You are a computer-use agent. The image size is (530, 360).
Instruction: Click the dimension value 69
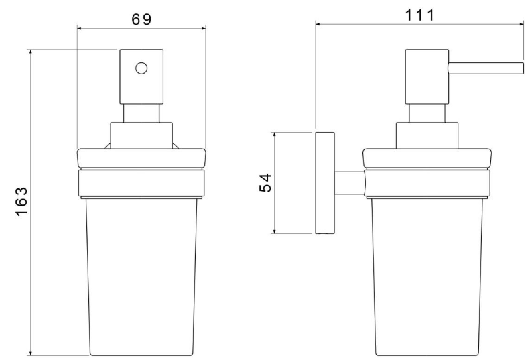(x=141, y=19)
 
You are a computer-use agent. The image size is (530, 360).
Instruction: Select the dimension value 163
(x=21, y=201)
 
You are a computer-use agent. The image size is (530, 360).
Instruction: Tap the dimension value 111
(x=419, y=15)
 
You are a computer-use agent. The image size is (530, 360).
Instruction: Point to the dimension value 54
(x=266, y=183)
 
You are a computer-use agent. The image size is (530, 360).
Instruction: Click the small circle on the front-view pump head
(x=141, y=68)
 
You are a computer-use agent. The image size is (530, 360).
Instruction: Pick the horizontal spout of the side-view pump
(x=486, y=68)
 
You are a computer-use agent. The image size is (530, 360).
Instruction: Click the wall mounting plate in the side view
(x=325, y=183)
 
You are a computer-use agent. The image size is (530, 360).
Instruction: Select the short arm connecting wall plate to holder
(x=350, y=184)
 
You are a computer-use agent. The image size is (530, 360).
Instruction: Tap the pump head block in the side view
(x=427, y=77)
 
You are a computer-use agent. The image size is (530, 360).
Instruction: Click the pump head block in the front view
(x=141, y=77)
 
